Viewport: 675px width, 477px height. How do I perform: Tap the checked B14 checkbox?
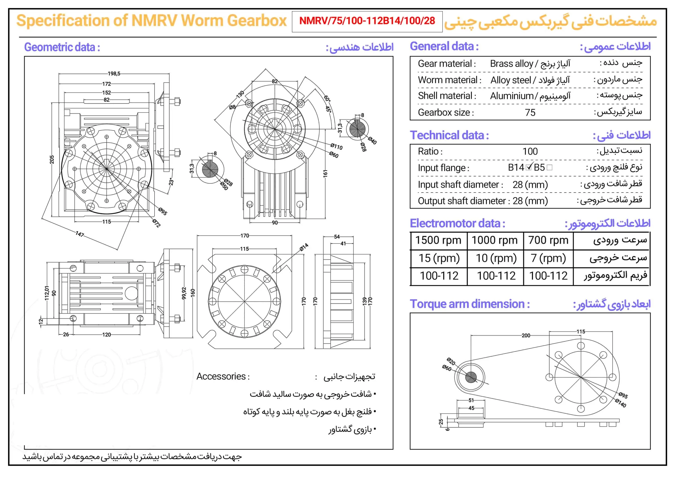tap(529, 167)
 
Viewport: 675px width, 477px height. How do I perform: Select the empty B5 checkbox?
tap(549, 168)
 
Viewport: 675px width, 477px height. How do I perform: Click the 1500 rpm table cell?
tap(438, 240)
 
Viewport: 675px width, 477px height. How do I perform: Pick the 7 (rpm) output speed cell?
tap(548, 258)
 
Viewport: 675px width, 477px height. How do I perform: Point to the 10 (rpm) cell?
tap(496, 258)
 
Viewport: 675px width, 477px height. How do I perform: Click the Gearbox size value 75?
tap(530, 113)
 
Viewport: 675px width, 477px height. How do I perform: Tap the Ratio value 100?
tap(530, 151)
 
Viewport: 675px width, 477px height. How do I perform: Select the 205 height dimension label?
tap(52, 160)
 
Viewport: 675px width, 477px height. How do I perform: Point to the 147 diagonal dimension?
tap(80, 234)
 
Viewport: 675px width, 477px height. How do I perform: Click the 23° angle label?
tap(171, 182)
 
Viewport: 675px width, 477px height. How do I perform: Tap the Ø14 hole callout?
tap(304, 247)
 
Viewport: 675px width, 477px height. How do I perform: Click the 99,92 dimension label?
tap(184, 293)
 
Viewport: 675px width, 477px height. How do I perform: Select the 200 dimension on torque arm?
tap(526, 335)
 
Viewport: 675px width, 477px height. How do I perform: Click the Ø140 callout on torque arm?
tap(621, 403)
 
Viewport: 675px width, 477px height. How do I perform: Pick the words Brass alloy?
tap(511, 64)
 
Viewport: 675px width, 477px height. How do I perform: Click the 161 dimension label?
tap(325, 173)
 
